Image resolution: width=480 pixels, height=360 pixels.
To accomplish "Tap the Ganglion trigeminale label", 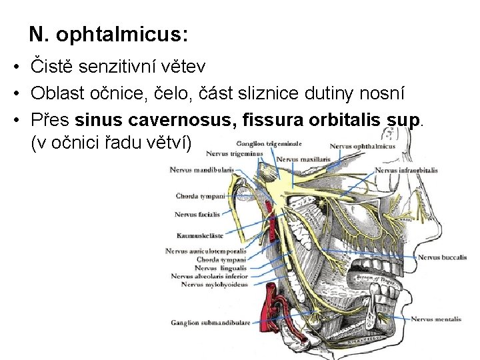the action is click(x=269, y=142).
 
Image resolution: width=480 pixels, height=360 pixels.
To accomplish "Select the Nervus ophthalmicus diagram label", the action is click(x=362, y=146).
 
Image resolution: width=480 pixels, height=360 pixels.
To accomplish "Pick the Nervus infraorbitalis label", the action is click(x=406, y=170).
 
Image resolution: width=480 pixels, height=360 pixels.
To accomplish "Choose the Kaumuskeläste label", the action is click(x=200, y=235).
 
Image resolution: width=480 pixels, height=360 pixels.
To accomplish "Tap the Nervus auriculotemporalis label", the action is click(x=207, y=251).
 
